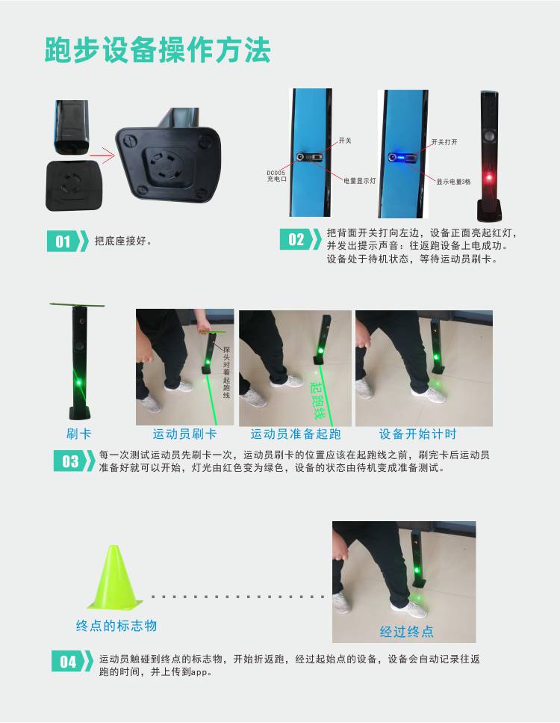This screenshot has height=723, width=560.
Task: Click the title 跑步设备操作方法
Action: [x=158, y=50]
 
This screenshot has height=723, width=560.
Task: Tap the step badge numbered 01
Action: [x=68, y=241]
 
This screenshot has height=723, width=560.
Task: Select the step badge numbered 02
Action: [x=301, y=239]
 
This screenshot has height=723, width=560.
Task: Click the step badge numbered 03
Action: [x=74, y=461]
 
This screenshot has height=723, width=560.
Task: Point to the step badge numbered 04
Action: [x=72, y=661]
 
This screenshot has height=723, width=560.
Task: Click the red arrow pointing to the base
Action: [x=102, y=156]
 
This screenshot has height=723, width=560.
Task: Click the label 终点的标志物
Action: [x=116, y=626]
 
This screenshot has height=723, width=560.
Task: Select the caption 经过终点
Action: [x=407, y=631]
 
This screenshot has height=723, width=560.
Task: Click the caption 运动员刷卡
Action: [x=184, y=434]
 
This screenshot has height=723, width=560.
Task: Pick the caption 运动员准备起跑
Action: [x=296, y=434]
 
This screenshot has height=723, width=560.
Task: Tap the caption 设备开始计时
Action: [x=417, y=434]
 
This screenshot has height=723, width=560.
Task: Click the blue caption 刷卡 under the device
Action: [x=78, y=434]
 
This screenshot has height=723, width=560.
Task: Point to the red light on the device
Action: [x=489, y=177]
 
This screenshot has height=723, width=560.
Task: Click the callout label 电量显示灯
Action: [x=360, y=181]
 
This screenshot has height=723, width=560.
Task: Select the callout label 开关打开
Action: [x=444, y=142]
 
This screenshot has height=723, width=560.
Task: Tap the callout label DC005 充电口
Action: [x=276, y=176]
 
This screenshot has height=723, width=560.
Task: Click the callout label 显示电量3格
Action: [x=454, y=182]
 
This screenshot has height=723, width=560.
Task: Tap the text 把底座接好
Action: [x=123, y=241]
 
